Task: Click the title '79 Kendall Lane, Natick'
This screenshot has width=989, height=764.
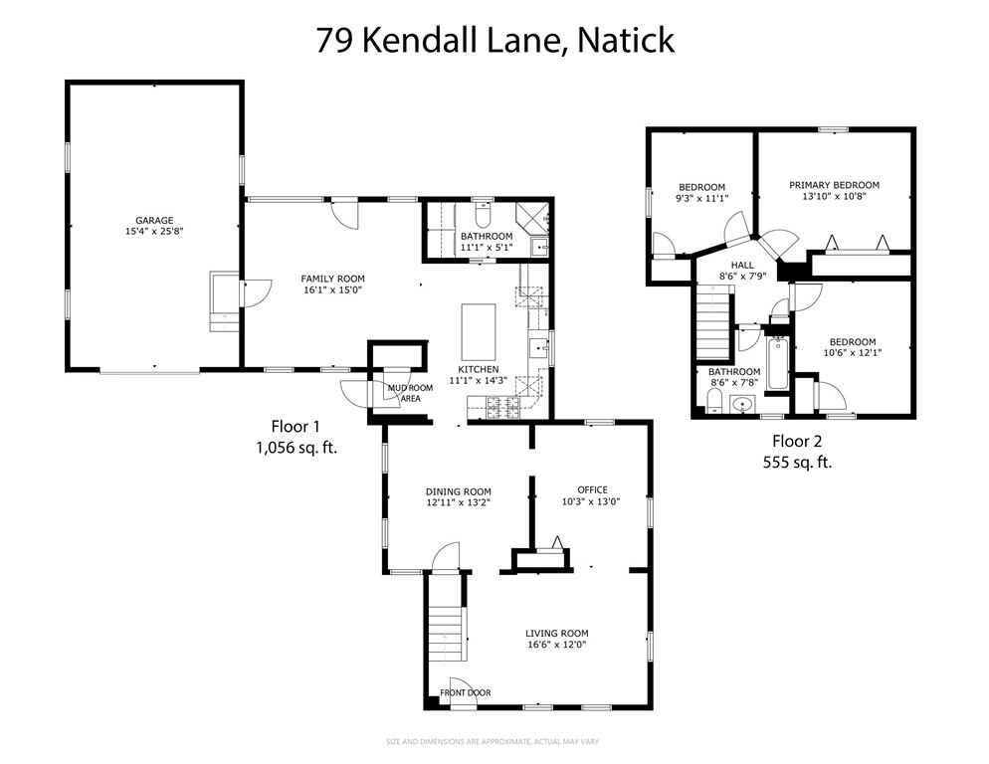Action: pyautogui.click(x=494, y=41)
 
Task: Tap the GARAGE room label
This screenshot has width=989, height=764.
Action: pyautogui.click(x=154, y=220)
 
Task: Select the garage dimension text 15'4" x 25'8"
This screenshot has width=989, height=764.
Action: pyautogui.click(x=154, y=231)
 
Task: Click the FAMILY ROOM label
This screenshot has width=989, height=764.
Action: pyautogui.click(x=333, y=279)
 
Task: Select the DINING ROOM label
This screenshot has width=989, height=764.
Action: pyautogui.click(x=458, y=491)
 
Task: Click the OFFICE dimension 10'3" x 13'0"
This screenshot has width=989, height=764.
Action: pyautogui.click(x=592, y=501)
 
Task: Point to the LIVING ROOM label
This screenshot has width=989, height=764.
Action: pyautogui.click(x=557, y=633)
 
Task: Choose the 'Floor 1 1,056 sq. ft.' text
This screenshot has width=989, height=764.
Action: pyautogui.click(x=297, y=438)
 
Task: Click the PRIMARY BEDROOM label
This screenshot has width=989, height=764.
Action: pyautogui.click(x=834, y=185)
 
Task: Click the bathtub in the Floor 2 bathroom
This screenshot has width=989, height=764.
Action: pyautogui.click(x=776, y=364)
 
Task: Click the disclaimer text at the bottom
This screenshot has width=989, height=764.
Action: pyautogui.click(x=494, y=741)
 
